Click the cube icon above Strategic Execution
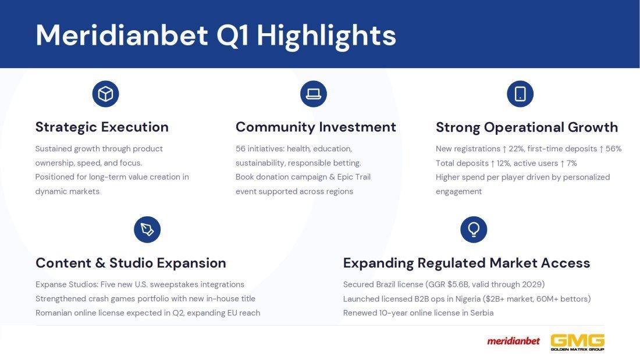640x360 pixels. pos(106,94)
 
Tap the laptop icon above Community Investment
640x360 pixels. pos(314,94)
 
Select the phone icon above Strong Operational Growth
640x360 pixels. pos(520,94)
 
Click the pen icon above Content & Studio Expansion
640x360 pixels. pos(147,229)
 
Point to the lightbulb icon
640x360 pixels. pos(474,229)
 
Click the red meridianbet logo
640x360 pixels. pos(513,341)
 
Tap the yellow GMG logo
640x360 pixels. pos(578,342)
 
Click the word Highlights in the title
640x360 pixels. pos(326,36)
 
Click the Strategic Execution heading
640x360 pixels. pos(102,127)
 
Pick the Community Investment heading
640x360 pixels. pos(315,127)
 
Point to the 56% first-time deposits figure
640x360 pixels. pos(613,148)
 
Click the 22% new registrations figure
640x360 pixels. pos(516,148)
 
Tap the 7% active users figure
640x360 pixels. pos(572,163)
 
